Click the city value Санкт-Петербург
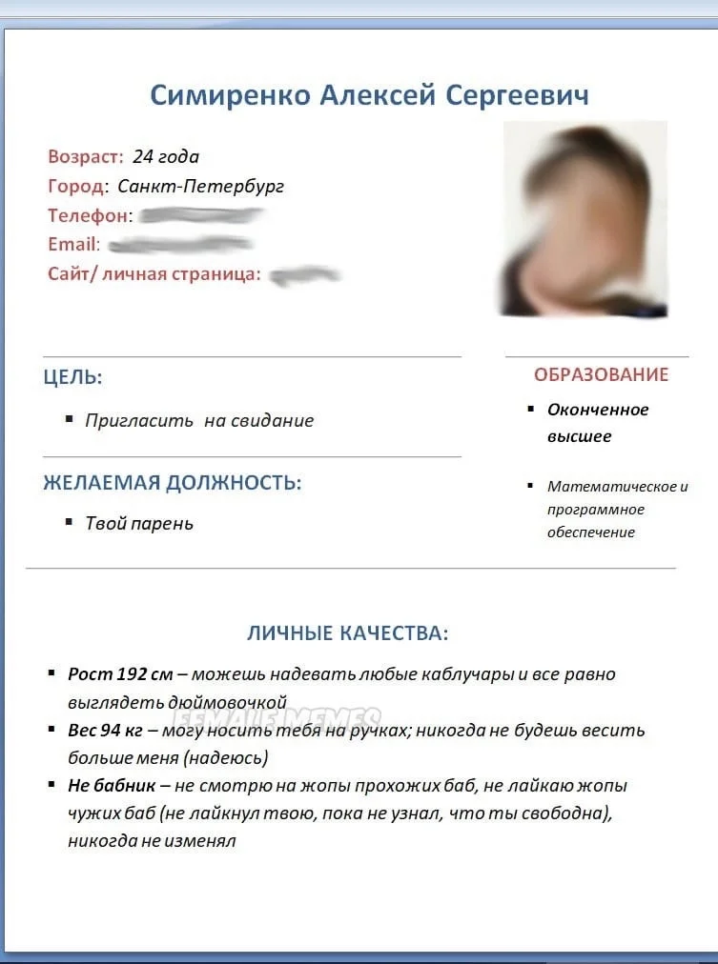pyautogui.click(x=201, y=186)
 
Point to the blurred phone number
pyautogui.click(x=200, y=215)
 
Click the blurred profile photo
pyautogui.click(x=585, y=219)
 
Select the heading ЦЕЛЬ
pyautogui.click(x=72, y=377)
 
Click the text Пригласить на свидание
pyautogui.click(x=199, y=420)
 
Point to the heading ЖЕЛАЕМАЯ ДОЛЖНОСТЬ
pyautogui.click(x=173, y=483)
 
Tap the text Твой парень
pyautogui.click(x=139, y=523)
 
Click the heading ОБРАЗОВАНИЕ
pyautogui.click(x=602, y=374)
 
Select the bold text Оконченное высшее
pyautogui.click(x=597, y=423)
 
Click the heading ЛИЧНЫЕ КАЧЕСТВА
pyautogui.click(x=348, y=633)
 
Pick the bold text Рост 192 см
pyautogui.click(x=120, y=674)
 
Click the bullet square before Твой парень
pyautogui.click(x=70, y=522)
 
